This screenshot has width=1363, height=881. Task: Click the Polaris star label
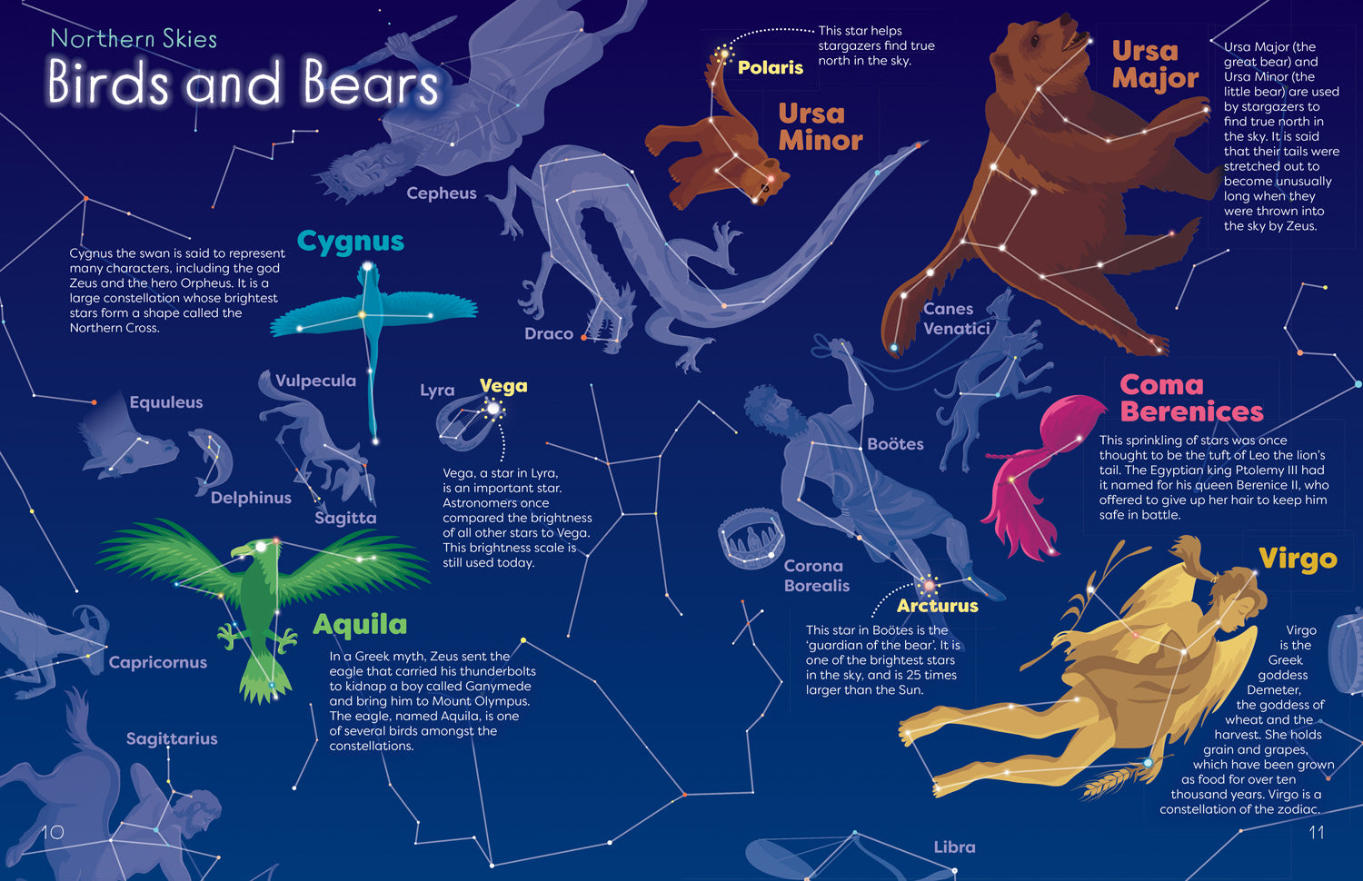click(x=770, y=67)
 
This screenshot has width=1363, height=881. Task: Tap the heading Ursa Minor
click(x=820, y=127)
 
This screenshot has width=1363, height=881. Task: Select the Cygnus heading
click(x=350, y=242)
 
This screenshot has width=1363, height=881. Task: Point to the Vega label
click(x=503, y=386)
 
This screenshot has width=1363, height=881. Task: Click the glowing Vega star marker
click(x=492, y=409)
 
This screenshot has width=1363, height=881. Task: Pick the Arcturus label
click(x=937, y=606)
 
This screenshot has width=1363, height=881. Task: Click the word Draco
click(x=549, y=333)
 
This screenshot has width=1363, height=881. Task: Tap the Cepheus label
click(x=442, y=193)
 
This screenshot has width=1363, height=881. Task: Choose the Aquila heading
click(x=360, y=625)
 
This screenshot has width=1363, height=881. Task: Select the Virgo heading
click(x=1298, y=559)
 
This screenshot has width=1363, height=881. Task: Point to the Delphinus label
click(x=251, y=498)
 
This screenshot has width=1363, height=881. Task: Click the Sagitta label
click(x=345, y=518)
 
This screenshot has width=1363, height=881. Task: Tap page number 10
click(x=53, y=832)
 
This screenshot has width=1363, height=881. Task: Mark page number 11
click(x=1316, y=832)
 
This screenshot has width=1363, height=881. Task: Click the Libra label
click(x=954, y=846)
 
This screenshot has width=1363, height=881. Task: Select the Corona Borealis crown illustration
click(x=751, y=539)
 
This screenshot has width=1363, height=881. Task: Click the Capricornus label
click(x=158, y=662)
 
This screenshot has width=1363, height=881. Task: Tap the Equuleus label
click(x=166, y=402)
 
